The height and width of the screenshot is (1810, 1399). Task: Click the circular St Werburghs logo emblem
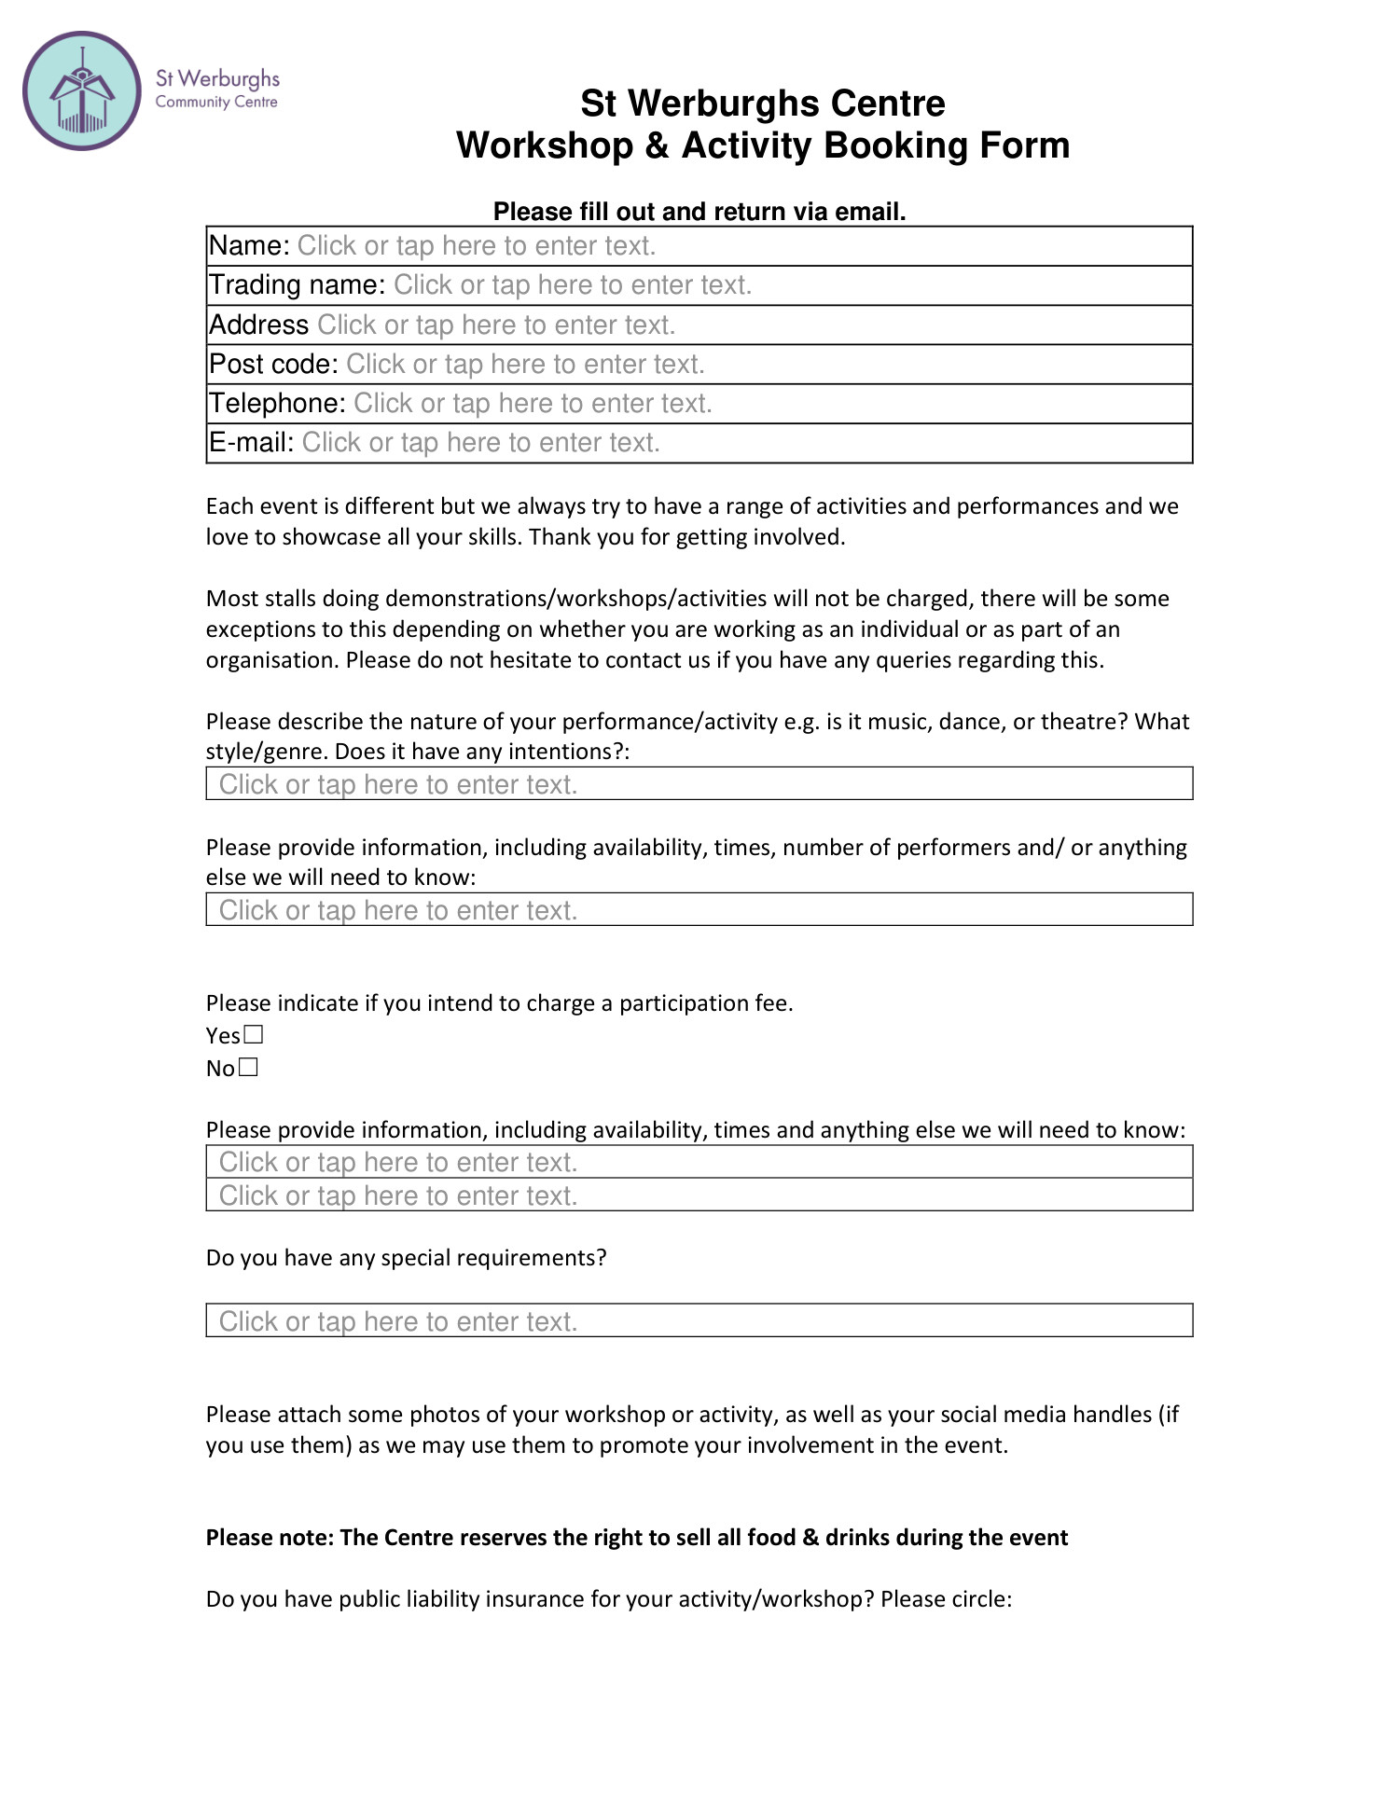(82, 91)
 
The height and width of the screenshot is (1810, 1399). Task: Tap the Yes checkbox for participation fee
(254, 1034)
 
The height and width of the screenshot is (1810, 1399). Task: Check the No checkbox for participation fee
(248, 1067)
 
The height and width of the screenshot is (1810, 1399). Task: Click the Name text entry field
(476, 246)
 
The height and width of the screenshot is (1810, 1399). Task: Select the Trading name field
(572, 285)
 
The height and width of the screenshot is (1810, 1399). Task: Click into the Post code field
(524, 365)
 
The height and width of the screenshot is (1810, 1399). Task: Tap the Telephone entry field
(532, 404)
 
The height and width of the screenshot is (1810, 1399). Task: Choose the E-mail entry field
(480, 443)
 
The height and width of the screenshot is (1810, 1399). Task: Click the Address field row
(495, 325)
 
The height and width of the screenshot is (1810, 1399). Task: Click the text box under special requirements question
(699, 1320)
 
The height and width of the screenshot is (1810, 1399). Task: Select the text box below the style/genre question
(699, 784)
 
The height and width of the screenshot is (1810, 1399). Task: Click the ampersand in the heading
(657, 146)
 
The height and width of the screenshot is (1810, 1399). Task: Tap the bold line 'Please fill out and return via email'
(699, 212)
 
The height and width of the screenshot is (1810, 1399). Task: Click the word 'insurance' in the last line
(534, 1599)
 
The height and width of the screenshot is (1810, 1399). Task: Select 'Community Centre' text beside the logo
(216, 103)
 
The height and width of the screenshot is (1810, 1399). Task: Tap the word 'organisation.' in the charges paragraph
(272, 660)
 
